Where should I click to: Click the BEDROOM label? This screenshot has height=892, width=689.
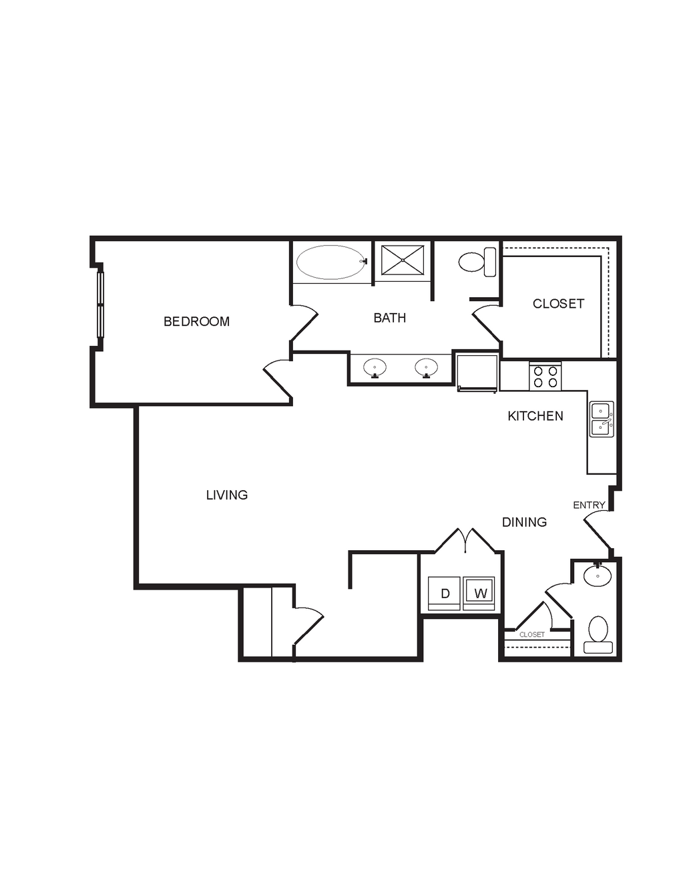pos(196,321)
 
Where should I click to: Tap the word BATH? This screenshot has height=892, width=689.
pos(389,318)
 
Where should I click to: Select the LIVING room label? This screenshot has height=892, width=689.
pos(227,495)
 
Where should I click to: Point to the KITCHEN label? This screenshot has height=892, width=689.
pos(535,416)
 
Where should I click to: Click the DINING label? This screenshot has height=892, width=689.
pos(525,522)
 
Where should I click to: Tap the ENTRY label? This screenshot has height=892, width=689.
pos(589,505)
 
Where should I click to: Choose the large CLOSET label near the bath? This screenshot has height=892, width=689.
pos(558,303)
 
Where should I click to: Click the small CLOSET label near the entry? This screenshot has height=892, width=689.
pos(532,635)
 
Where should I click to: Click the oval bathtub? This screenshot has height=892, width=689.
pos(330,262)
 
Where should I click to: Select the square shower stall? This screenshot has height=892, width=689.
pos(403,260)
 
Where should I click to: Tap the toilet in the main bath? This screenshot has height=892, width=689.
pos(477,262)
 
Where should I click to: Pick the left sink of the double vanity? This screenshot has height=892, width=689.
pos(375,368)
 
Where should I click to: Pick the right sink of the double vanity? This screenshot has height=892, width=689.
pos(427,368)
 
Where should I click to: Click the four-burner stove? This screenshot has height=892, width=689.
pos(545,377)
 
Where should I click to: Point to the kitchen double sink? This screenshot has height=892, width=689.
pos(602,419)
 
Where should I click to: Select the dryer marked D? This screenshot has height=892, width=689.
pos(444,594)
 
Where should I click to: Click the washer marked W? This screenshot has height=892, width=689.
pos(479,594)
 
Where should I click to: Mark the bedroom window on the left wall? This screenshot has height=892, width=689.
pos(101,304)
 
